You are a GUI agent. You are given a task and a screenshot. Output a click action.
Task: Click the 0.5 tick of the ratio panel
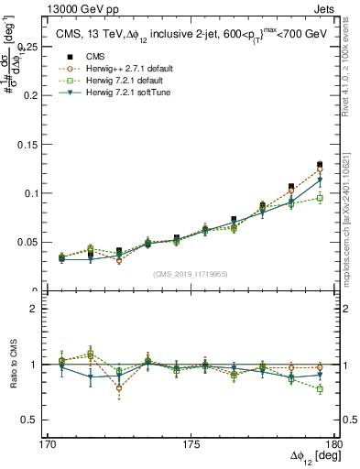(42, 420)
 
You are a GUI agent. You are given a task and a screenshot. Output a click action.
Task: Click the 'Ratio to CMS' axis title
(15, 365)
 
